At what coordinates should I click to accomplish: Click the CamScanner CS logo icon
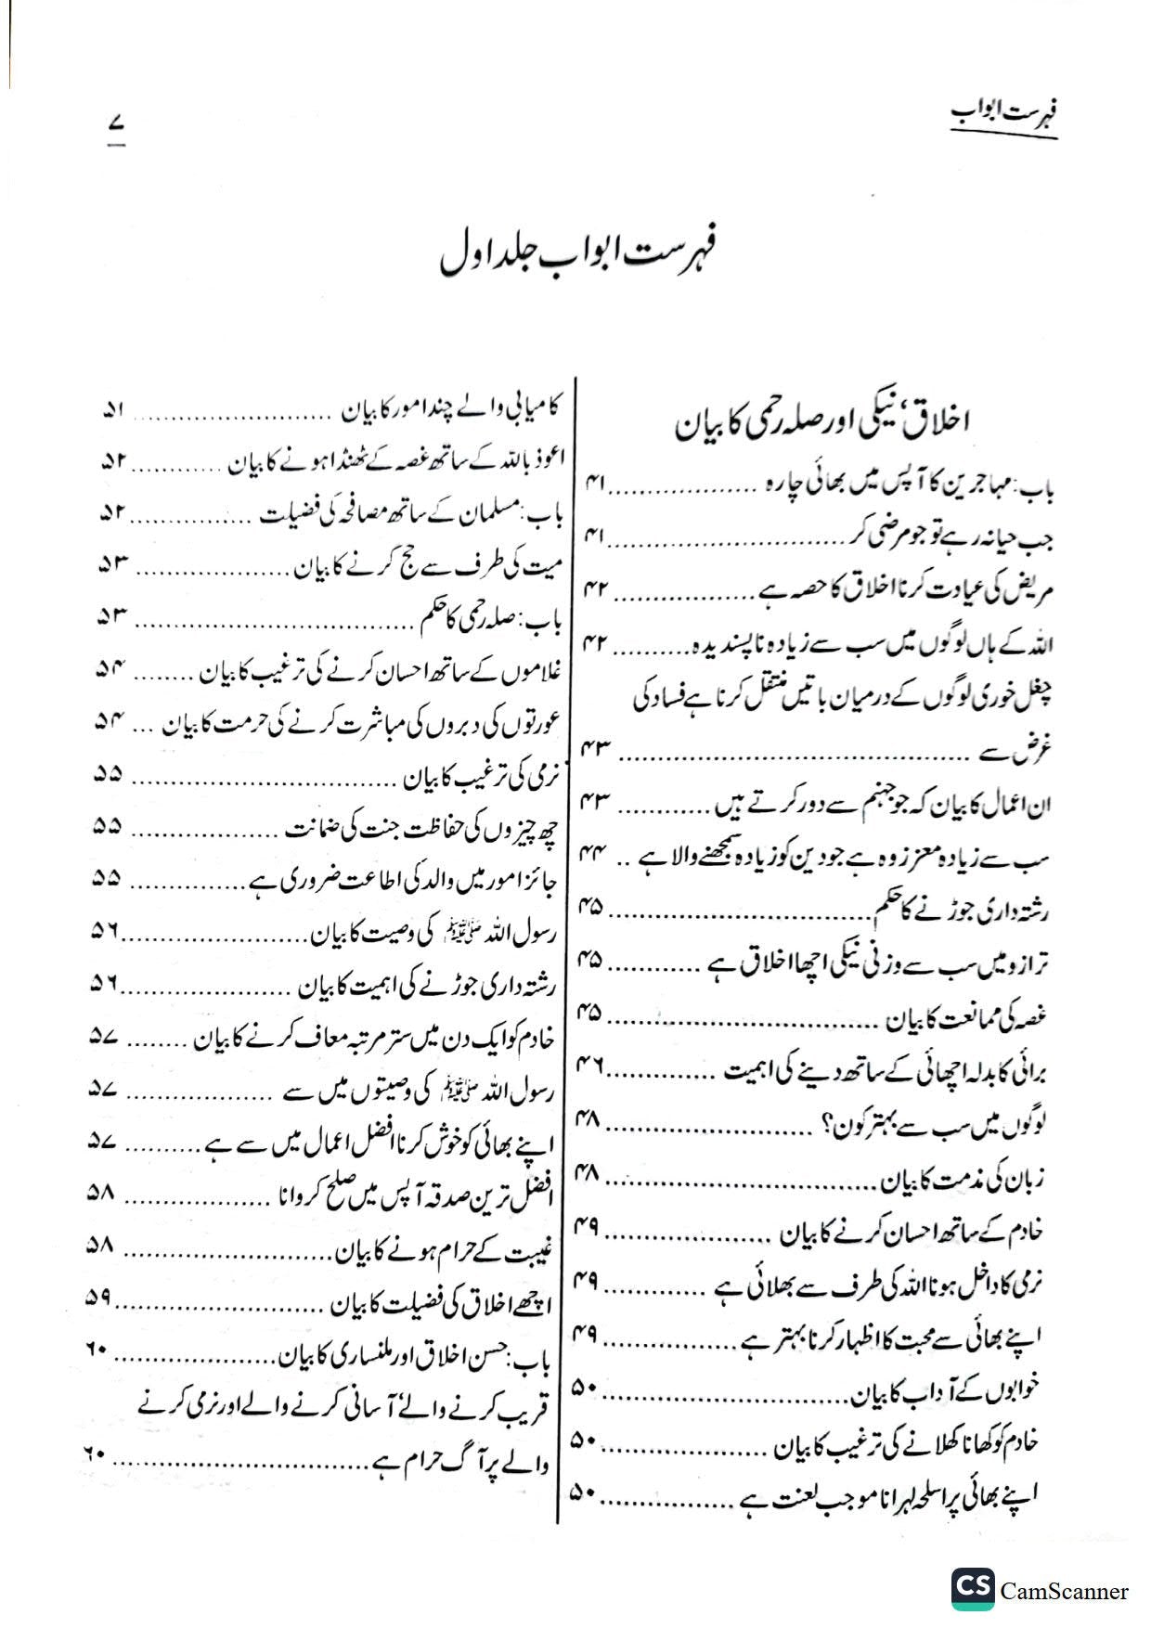click(x=972, y=1590)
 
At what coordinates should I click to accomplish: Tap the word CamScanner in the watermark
click(x=1065, y=1591)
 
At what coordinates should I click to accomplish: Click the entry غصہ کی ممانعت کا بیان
click(x=964, y=1019)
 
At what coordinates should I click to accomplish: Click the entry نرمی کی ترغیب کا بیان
click(x=476, y=779)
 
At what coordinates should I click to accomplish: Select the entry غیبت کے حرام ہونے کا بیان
click(x=444, y=1251)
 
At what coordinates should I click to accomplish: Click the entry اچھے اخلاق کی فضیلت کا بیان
click(x=442, y=1304)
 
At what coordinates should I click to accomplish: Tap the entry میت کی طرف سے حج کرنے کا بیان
click(x=424, y=567)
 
